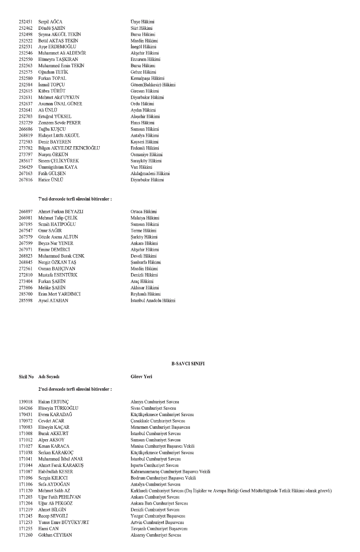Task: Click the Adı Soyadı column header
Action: point(52,376)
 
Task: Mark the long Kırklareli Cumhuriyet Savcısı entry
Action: point(231,490)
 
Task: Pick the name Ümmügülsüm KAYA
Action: point(58,167)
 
